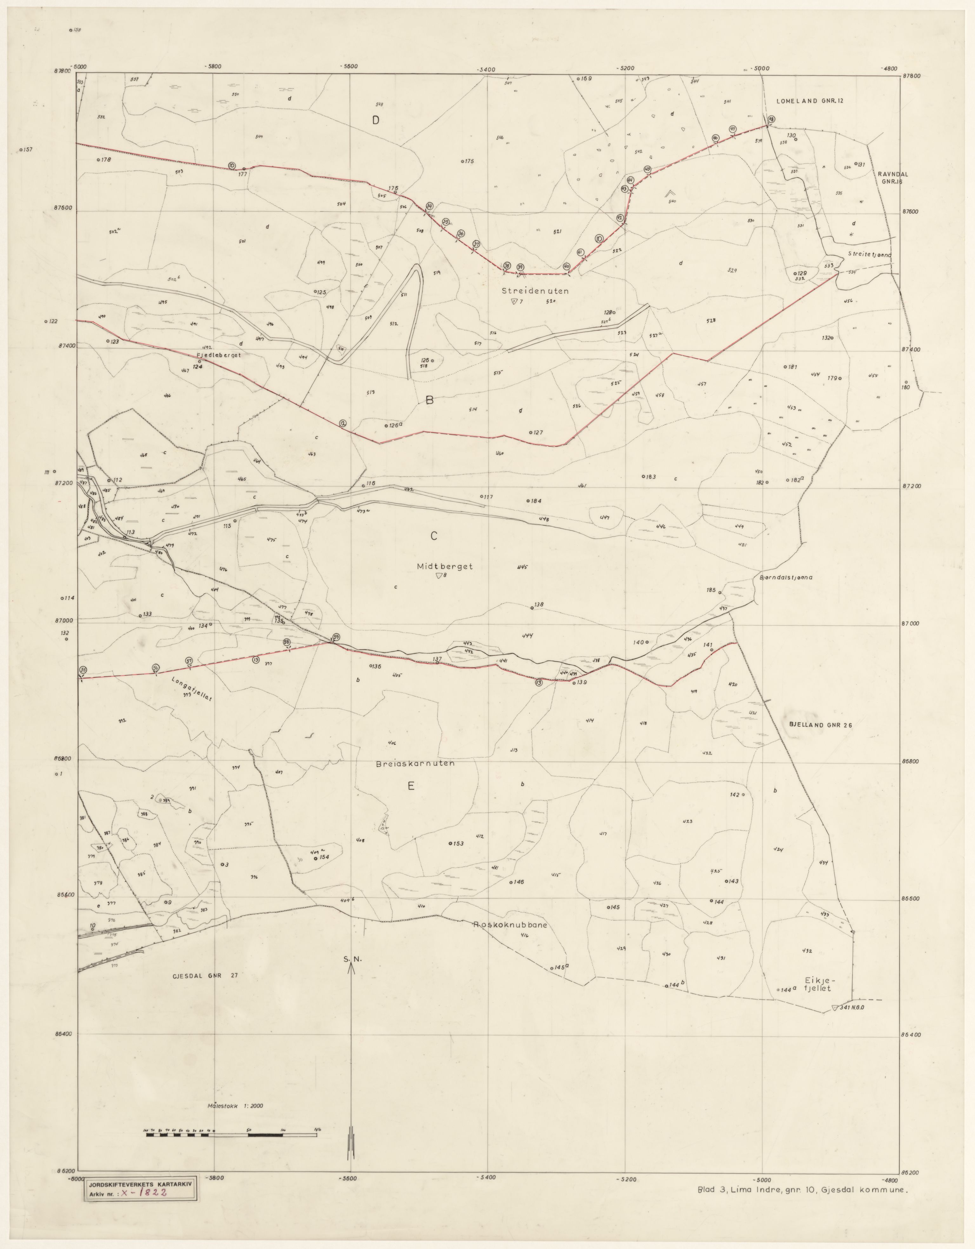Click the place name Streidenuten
535,291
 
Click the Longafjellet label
192,690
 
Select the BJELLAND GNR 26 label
820,725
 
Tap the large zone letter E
411,786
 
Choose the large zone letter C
434,536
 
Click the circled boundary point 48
771,119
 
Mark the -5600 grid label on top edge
348,66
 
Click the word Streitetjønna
869,255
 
